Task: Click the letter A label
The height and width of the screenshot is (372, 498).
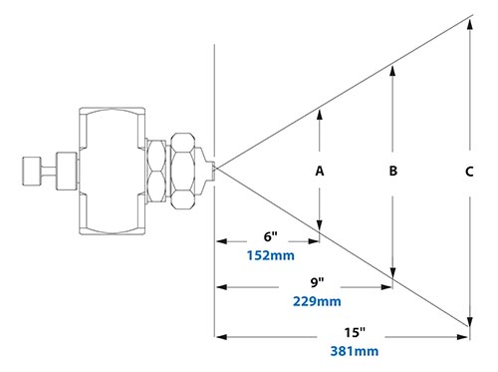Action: tap(320, 171)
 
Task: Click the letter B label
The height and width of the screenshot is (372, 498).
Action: tap(393, 171)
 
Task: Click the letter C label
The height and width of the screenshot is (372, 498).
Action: tap(468, 171)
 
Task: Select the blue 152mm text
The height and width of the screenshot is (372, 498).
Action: tap(268, 254)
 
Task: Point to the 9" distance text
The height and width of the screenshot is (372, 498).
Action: tap(316, 283)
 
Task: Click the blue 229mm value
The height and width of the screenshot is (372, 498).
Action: tap(316, 301)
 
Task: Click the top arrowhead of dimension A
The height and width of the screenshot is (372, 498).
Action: tap(320, 111)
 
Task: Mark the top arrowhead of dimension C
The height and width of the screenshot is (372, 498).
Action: tap(469, 19)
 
